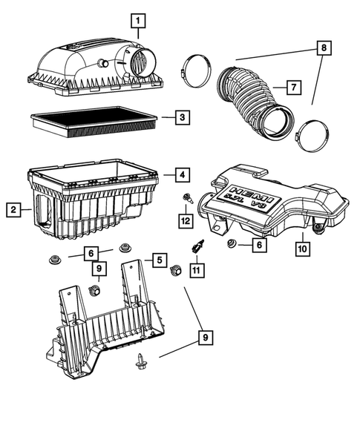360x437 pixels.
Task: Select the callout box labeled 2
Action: point(13,210)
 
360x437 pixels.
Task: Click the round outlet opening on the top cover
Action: point(141,61)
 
